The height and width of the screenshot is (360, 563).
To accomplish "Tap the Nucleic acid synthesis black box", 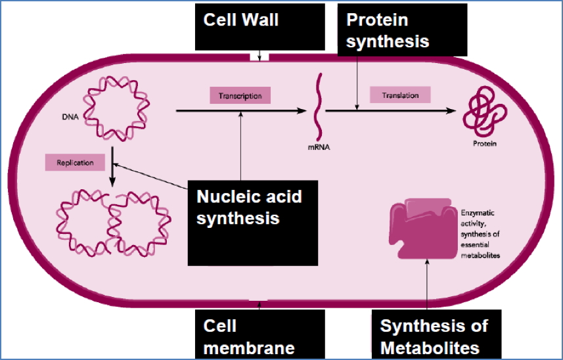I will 253,223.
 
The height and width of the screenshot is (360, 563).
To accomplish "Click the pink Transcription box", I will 240,96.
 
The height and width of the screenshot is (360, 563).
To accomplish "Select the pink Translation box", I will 400,95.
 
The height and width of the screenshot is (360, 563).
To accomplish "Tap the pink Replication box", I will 76,162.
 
